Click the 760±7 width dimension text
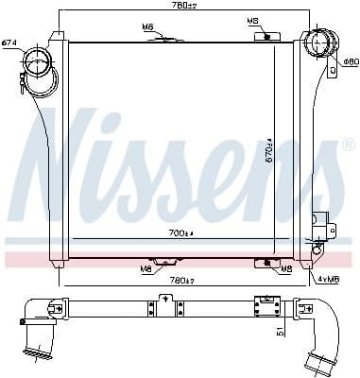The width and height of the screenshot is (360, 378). (171, 7)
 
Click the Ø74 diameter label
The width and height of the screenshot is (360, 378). (9, 42)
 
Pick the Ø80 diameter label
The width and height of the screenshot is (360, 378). (351, 62)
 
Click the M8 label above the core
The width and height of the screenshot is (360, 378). (252, 21)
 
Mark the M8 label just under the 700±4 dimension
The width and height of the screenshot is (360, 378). (146, 268)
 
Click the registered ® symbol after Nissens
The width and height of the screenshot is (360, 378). (347, 144)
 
